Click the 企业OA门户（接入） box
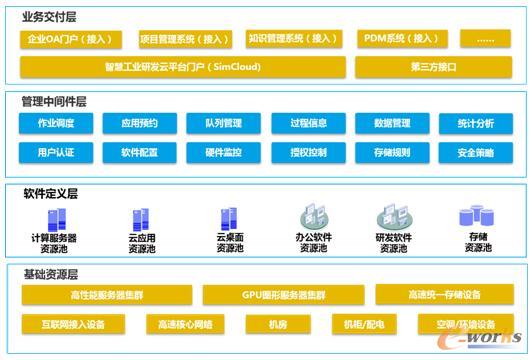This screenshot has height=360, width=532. (x=70, y=39)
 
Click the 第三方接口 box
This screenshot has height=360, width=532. (x=432, y=67)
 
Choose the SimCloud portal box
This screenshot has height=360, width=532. (x=182, y=67)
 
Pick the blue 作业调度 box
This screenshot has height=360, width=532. (x=56, y=124)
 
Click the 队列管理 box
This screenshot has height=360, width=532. (x=226, y=124)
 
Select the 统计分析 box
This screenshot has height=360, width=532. (x=476, y=124)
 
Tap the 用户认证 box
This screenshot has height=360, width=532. (x=56, y=153)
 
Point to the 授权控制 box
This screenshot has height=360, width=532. (x=308, y=153)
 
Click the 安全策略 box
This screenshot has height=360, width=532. (x=476, y=153)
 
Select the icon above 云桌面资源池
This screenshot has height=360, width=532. (x=229, y=218)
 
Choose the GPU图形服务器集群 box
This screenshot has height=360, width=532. (x=284, y=295)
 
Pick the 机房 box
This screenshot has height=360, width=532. (x=278, y=324)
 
